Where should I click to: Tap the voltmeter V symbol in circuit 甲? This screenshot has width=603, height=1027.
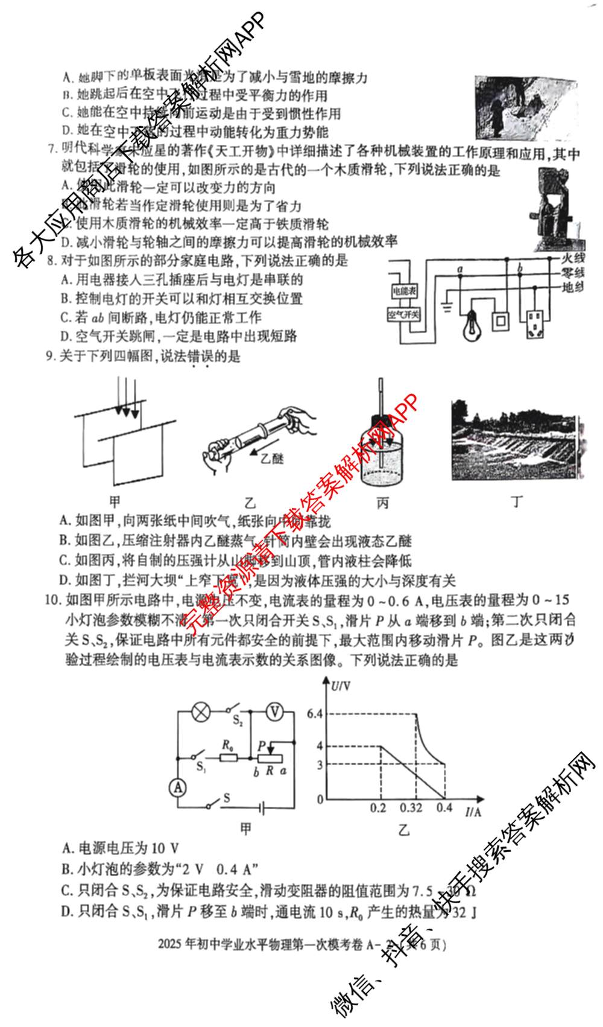point(275,712)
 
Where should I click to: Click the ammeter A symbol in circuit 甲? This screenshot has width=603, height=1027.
point(177,787)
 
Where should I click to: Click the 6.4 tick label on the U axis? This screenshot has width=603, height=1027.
point(315,714)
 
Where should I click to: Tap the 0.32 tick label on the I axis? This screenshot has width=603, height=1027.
point(411,808)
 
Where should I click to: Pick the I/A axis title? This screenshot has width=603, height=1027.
point(473,812)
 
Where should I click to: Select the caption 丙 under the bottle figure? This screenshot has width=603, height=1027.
point(382,503)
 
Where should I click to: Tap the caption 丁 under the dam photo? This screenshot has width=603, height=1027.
point(517,501)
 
